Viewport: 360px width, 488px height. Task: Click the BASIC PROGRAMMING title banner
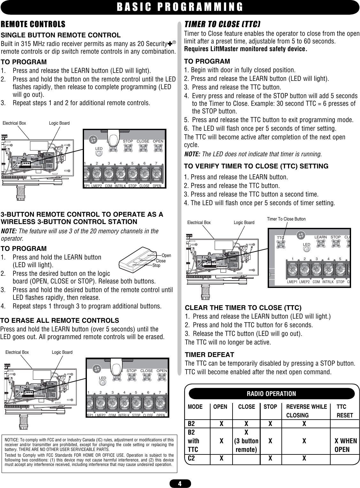click(180, 7)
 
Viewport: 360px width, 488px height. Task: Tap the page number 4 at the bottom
click(180, 484)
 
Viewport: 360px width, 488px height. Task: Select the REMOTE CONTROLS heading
click(34, 24)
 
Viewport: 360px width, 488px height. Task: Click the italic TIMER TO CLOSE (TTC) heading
click(223, 25)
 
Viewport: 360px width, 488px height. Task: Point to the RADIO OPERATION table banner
click(272, 394)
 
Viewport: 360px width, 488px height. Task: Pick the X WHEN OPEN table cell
click(346, 445)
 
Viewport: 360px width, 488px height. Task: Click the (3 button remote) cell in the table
click(246, 445)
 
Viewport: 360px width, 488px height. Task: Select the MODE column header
click(195, 407)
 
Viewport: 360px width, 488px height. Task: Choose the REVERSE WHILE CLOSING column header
click(306, 411)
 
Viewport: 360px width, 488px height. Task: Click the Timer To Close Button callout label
click(286, 219)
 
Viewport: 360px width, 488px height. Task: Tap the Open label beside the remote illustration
click(166, 256)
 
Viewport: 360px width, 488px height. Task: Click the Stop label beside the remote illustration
click(156, 266)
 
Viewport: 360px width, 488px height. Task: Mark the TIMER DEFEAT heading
click(210, 355)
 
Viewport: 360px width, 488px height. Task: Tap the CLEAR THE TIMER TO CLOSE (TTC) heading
click(243, 308)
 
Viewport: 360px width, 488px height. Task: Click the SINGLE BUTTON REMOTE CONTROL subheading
click(61, 35)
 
